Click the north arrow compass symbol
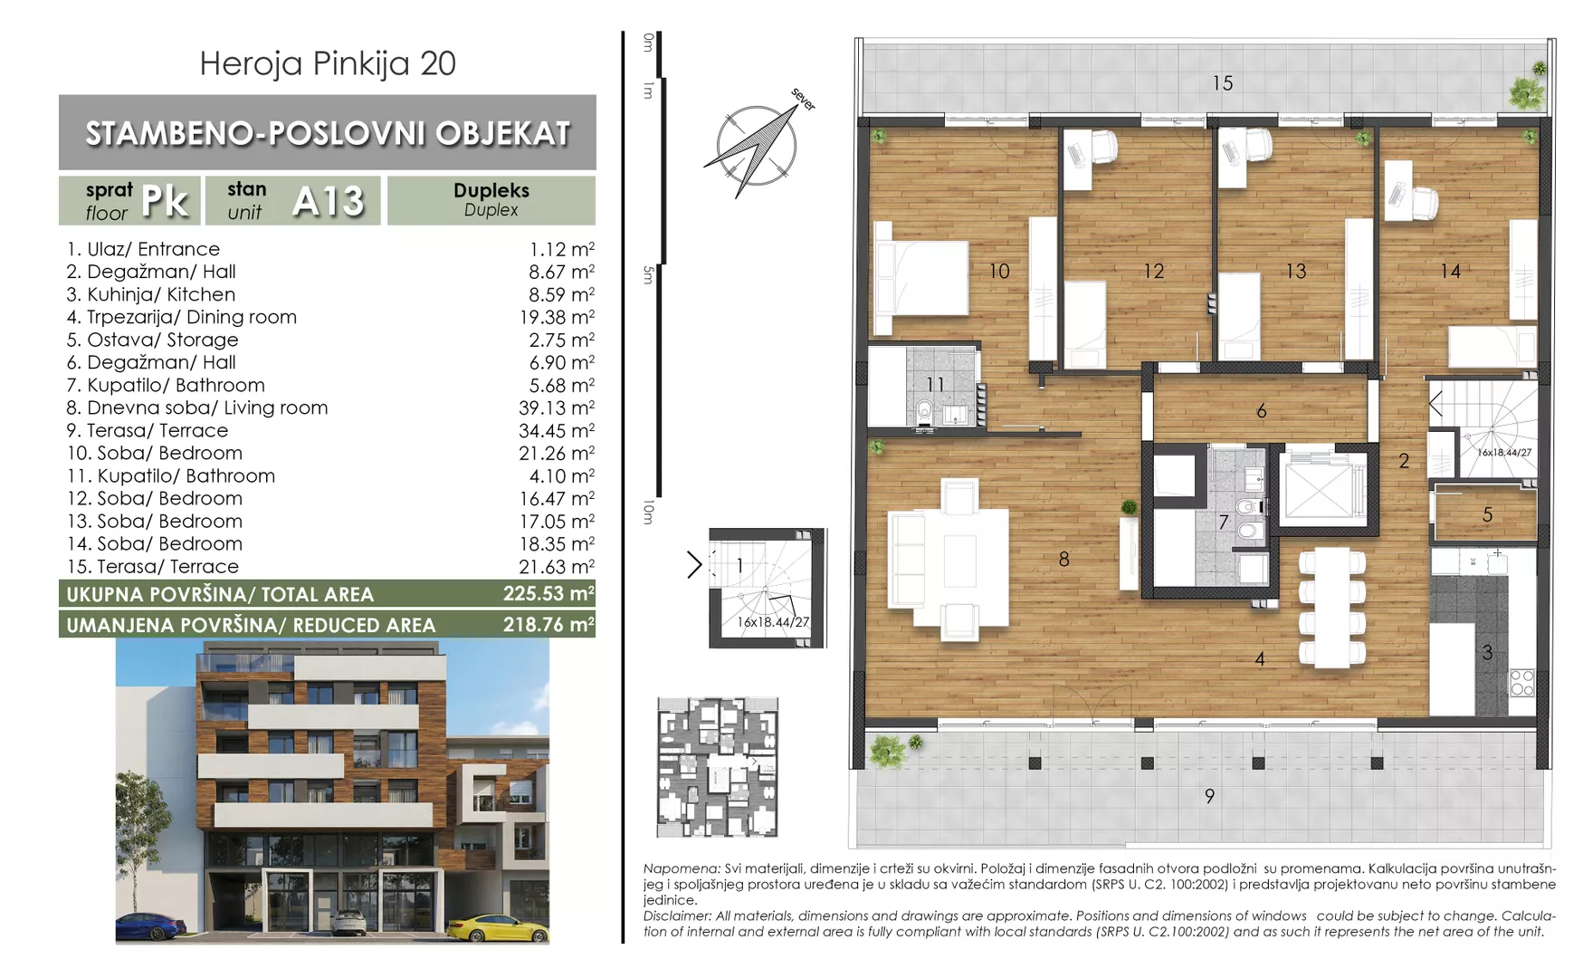[756, 145]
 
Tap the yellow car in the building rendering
[498, 928]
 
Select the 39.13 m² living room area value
[557, 408]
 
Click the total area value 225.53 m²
[548, 594]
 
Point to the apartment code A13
[329, 201]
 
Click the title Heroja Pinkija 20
[328, 63]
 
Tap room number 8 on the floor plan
[1064, 560]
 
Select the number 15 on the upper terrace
[1223, 83]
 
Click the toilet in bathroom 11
[924, 413]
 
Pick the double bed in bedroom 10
[920, 278]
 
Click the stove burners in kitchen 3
[1522, 683]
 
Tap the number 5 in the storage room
[1487, 515]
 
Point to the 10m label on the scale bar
[647, 513]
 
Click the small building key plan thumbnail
[717, 767]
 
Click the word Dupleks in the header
[491, 191]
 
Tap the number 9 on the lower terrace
[1210, 797]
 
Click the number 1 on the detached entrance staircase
[739, 566]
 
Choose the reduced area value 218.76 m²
[548, 625]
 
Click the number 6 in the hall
[1262, 412]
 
